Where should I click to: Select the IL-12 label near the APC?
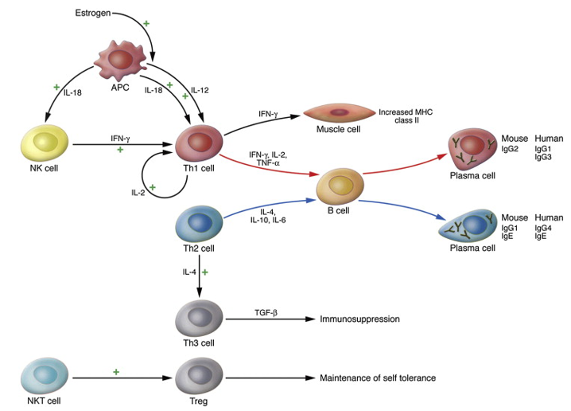pyautogui.click(x=200, y=90)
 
